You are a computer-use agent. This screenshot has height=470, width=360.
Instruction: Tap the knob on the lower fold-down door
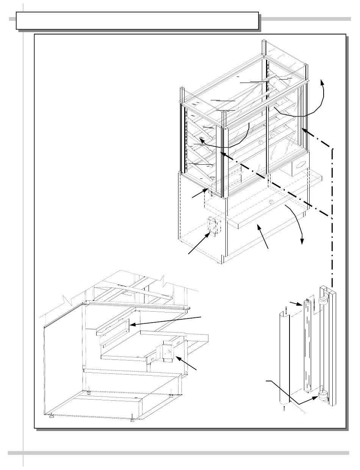click(x=271, y=201)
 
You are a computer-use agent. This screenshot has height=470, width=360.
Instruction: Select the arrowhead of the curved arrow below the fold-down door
click(x=302, y=241)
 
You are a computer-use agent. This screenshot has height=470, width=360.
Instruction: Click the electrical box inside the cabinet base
click(x=213, y=226)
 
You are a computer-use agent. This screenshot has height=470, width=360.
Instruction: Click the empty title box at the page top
click(x=137, y=20)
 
